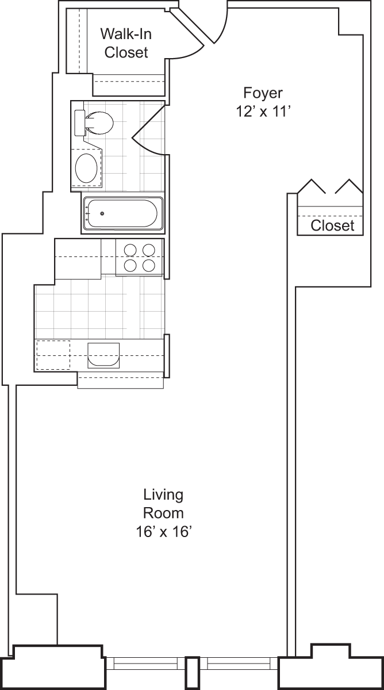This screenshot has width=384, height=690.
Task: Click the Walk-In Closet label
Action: [x=126, y=42]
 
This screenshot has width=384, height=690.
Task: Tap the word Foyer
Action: [x=263, y=93]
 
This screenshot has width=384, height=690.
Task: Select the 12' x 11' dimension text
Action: [x=263, y=112]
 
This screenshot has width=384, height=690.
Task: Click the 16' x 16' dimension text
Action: [x=163, y=532]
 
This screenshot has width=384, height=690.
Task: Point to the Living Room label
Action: [x=163, y=503]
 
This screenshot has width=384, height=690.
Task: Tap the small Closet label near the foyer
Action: [x=332, y=225]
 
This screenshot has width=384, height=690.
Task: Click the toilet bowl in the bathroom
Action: [x=100, y=122]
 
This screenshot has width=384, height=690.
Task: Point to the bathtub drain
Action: [x=102, y=214]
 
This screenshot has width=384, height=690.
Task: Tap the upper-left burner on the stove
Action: [x=130, y=250]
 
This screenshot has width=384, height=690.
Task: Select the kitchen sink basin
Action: [x=103, y=355]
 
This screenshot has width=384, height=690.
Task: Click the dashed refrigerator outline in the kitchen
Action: [x=53, y=355]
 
